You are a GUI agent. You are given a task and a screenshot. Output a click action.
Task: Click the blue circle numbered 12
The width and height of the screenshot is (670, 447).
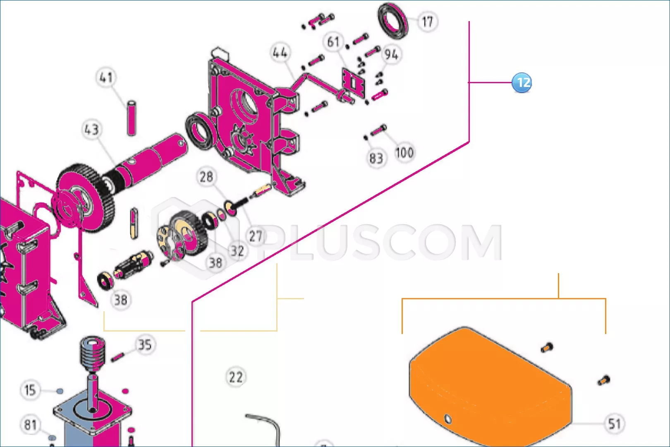point(522,82)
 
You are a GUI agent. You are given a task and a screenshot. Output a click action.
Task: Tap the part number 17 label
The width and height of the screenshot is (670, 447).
point(427,22)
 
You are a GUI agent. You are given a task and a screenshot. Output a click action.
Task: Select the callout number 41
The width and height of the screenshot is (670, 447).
point(106,77)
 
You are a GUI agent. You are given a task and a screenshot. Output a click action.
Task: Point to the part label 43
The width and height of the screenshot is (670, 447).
point(91,130)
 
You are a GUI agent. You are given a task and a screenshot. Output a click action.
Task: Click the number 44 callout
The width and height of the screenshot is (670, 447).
point(280,53)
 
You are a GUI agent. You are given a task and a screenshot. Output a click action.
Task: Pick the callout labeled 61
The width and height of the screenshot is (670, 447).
point(333,42)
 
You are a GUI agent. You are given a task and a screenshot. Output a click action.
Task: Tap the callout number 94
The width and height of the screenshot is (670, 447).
point(392,54)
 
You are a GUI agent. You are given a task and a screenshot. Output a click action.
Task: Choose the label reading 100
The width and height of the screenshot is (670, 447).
point(404,153)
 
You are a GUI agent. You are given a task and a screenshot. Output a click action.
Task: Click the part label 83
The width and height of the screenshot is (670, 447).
point(376,158)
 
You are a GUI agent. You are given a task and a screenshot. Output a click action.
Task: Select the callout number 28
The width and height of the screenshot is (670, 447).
point(206,177)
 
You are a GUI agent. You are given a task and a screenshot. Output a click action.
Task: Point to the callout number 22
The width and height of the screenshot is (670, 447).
point(236,377)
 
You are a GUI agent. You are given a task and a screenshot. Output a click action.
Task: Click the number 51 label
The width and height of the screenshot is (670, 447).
point(614,424)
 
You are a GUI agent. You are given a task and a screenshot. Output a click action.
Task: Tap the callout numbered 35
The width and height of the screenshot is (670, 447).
point(145,345)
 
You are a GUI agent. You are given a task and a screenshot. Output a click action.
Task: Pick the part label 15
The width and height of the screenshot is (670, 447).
point(30,390)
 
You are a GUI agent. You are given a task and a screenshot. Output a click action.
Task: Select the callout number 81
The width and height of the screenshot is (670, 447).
point(30,425)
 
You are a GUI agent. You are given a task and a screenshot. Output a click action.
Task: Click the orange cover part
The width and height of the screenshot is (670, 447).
point(491,386)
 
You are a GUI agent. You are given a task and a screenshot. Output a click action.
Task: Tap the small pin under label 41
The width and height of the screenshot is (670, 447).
point(131,118)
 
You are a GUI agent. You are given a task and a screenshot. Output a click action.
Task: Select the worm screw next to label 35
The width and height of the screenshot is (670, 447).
point(93,354)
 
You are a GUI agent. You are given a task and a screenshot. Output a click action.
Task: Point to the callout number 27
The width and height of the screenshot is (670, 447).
point(256,236)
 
